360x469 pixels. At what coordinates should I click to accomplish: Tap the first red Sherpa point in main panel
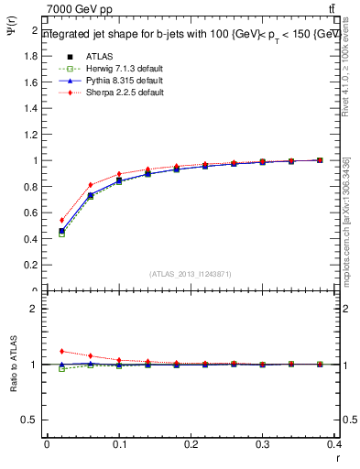point(61,220)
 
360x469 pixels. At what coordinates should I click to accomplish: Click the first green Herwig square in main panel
point(61,234)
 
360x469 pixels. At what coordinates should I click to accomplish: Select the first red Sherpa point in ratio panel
point(61,351)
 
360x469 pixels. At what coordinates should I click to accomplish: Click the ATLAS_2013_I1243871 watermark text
point(191,274)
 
